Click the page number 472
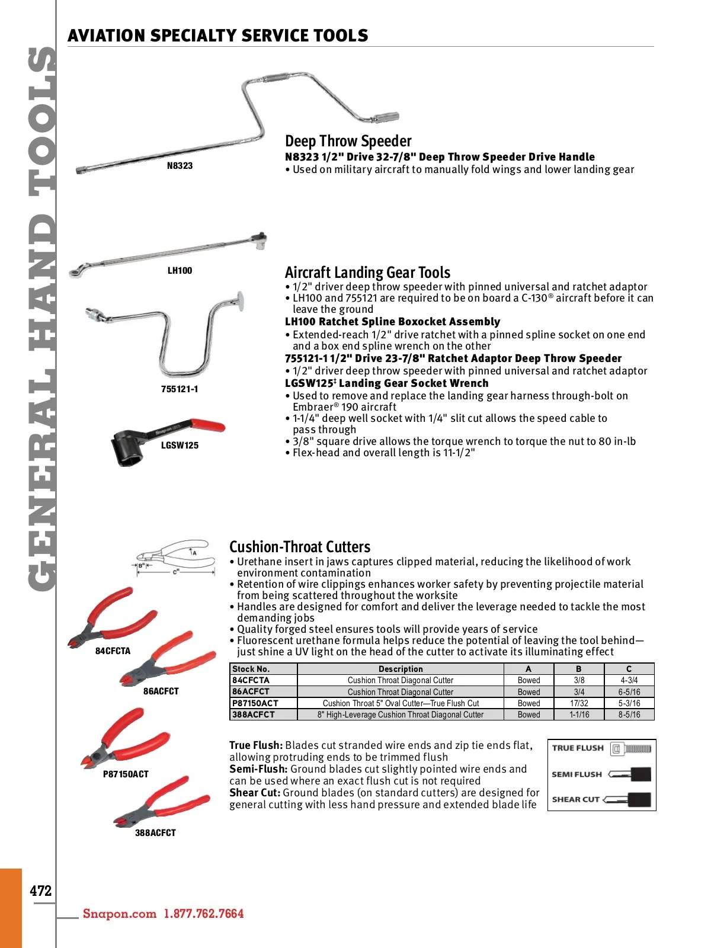[x=41, y=891]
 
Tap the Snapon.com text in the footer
[x=120, y=914]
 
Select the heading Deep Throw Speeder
[x=348, y=141]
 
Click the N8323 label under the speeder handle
[x=180, y=166]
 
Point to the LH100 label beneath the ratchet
[x=180, y=271]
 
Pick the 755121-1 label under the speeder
[x=180, y=389]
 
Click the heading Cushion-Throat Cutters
[x=300, y=547]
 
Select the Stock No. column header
[x=251, y=669]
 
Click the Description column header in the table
[x=401, y=669]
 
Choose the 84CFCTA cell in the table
[x=251, y=680]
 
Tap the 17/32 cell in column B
[x=579, y=703]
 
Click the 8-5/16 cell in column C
[x=629, y=715]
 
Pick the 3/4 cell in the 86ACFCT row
[x=579, y=692]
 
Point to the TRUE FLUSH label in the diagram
[x=578, y=748]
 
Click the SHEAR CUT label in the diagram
[x=576, y=799]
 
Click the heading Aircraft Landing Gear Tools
[x=367, y=273]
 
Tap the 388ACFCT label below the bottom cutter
[x=155, y=833]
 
